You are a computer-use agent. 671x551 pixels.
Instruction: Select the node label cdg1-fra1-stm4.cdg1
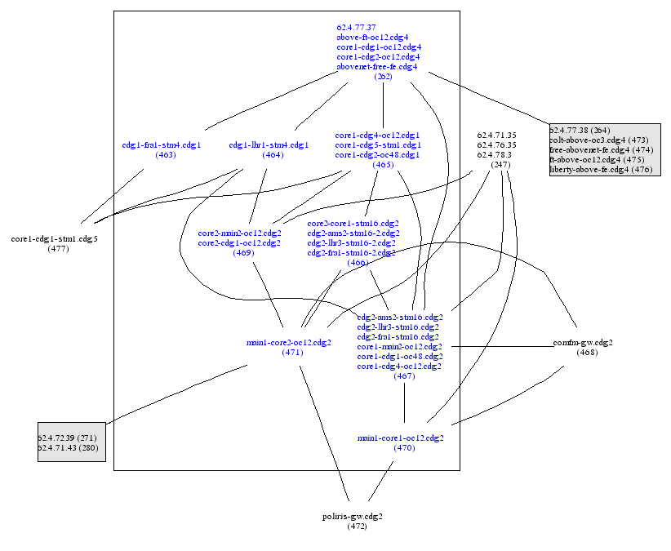pyautogui.click(x=161, y=144)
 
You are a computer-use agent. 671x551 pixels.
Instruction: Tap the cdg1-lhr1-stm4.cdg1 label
pyautogui.click(x=269, y=144)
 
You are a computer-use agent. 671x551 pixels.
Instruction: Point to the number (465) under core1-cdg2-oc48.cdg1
pyautogui.click(x=383, y=164)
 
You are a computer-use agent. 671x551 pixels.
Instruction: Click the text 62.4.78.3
pyautogui.click(x=495, y=154)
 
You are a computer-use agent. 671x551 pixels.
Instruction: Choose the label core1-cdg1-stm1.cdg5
pyautogui.click(x=54, y=238)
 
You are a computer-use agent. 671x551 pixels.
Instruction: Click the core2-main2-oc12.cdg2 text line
pyautogui.click(x=239, y=233)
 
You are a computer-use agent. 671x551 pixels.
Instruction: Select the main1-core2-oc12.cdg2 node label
pyautogui.click(x=288, y=343)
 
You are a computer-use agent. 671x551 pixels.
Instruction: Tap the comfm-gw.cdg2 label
pyautogui.click(x=583, y=342)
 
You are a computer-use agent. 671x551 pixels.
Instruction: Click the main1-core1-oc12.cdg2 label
pyautogui.click(x=400, y=438)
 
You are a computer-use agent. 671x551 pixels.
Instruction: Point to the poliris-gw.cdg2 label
pyautogui.click(x=353, y=516)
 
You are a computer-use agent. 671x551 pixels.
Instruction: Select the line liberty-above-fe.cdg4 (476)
pyautogui.click(x=601, y=169)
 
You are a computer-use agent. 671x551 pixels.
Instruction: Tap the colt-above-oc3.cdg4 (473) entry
pyautogui.click(x=590, y=140)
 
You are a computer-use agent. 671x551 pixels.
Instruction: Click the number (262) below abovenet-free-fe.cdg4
pyautogui.click(x=383, y=76)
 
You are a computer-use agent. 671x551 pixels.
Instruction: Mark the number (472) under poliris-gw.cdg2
pyautogui.click(x=357, y=527)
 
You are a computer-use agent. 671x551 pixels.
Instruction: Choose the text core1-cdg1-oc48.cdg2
pyautogui.click(x=400, y=356)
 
